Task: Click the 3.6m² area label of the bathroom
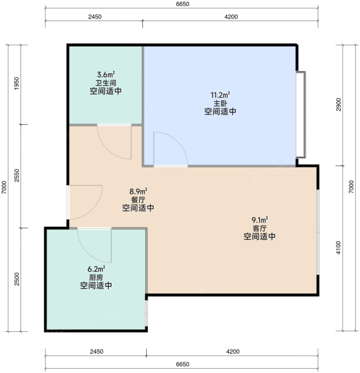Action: point(106,75)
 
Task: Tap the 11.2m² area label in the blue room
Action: point(220,95)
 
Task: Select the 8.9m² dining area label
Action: point(138,191)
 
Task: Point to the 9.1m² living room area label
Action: point(260,219)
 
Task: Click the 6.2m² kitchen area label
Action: point(96,269)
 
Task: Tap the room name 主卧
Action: point(220,103)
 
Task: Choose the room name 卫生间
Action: point(106,83)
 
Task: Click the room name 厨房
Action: point(96,277)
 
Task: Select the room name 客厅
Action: point(260,228)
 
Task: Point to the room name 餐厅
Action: point(138,200)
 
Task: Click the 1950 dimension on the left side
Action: point(16,83)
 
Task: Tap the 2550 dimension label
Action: point(16,175)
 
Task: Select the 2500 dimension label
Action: point(16,279)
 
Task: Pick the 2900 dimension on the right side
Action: point(338,104)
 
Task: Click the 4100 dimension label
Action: point(338,247)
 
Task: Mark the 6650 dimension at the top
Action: point(183,4)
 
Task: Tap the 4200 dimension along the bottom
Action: point(233,351)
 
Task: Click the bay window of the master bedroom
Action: point(300,114)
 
